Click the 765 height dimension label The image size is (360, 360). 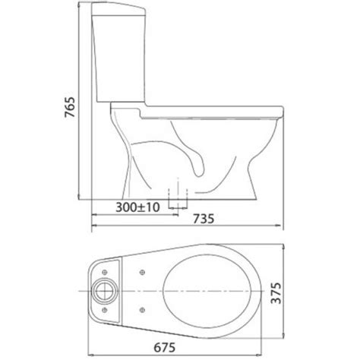(x=70, y=107)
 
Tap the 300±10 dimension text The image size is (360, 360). (x=137, y=207)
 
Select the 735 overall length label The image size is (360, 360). (x=204, y=219)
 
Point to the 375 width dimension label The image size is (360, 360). (x=276, y=293)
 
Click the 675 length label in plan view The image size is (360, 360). (x=165, y=348)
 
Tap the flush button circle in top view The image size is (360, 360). (x=105, y=291)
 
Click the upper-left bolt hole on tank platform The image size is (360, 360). (x=105, y=272)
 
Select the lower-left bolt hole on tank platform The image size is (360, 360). (x=105, y=310)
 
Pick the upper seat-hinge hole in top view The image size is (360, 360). (x=143, y=273)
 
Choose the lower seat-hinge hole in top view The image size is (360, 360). (x=143, y=310)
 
